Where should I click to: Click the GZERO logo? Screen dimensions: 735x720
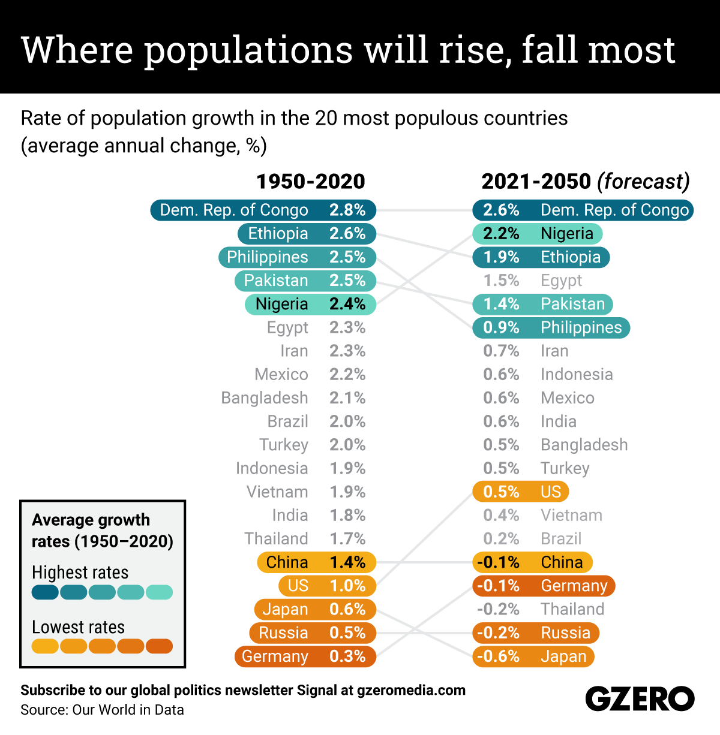[640, 699]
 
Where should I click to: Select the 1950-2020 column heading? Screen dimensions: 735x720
[310, 181]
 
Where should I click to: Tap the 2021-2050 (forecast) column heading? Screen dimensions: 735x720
[585, 181]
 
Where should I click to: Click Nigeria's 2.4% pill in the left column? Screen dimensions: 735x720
[310, 304]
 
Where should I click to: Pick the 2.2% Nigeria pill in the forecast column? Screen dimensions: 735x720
[537, 234]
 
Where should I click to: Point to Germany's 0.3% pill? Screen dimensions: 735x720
[305, 656]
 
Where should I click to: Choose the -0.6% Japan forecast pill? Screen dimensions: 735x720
[533, 656]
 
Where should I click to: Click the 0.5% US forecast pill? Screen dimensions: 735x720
[520, 492]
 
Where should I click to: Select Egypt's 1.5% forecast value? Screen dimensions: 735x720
[501, 281]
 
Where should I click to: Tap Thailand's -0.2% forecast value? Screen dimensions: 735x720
[498, 610]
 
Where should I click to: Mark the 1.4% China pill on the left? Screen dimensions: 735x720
[316, 562]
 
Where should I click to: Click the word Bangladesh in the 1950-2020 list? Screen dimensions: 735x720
[265, 398]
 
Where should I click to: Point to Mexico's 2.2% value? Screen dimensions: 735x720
[347, 375]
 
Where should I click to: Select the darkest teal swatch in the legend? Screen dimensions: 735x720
[45, 592]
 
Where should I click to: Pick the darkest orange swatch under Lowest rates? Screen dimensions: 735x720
[159, 646]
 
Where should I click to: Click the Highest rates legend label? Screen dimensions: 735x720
[80, 573]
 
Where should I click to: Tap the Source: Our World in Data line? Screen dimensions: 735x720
[102, 710]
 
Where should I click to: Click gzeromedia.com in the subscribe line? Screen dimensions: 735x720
[411, 690]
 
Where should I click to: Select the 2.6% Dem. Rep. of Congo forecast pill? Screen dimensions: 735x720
[583, 210]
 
